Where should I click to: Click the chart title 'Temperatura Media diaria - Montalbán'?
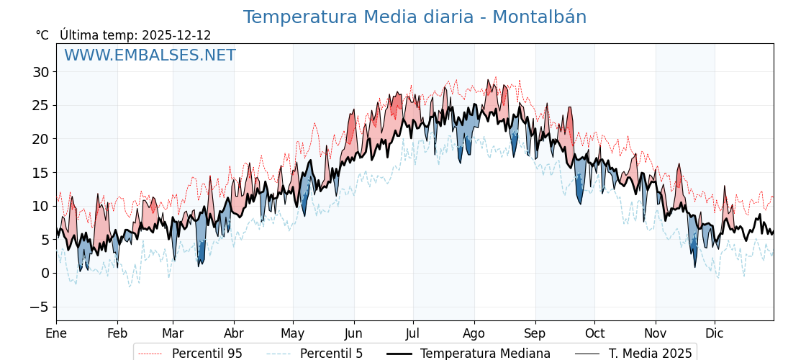pyautogui.click(x=415, y=17)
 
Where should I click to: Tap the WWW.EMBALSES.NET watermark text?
pyautogui.click(x=150, y=55)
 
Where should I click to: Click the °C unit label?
pyautogui.click(x=42, y=35)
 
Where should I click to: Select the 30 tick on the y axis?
pyautogui.click(x=40, y=72)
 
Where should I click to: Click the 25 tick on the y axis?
pyautogui.click(x=40, y=105)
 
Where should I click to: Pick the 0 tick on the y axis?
pyautogui.click(x=45, y=273)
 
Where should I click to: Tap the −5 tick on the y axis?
pyautogui.click(x=40, y=307)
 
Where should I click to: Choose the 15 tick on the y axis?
pyautogui.click(x=40, y=173)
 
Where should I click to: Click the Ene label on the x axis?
pyautogui.click(x=56, y=333)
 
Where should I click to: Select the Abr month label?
pyautogui.click(x=234, y=333)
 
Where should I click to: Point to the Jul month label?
pyautogui.click(x=413, y=333)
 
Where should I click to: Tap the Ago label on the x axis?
pyautogui.click(x=474, y=333)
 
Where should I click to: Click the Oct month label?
pyautogui.click(x=594, y=333)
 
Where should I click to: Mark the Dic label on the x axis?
pyautogui.click(x=715, y=333)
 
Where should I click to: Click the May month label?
pyautogui.click(x=293, y=333)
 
